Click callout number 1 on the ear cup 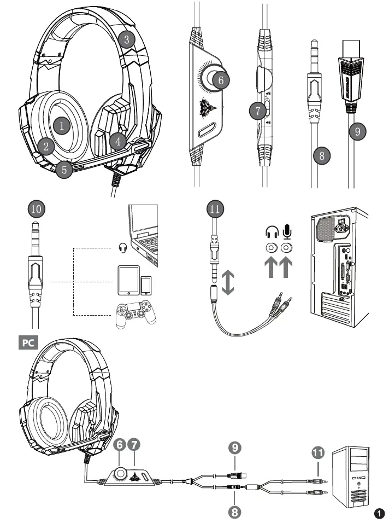click(x=62, y=125)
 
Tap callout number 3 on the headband click(x=127, y=39)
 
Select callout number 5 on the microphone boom click(x=64, y=169)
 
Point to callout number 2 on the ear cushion click(x=46, y=146)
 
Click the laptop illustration click(x=143, y=236)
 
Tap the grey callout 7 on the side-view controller click(x=257, y=110)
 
